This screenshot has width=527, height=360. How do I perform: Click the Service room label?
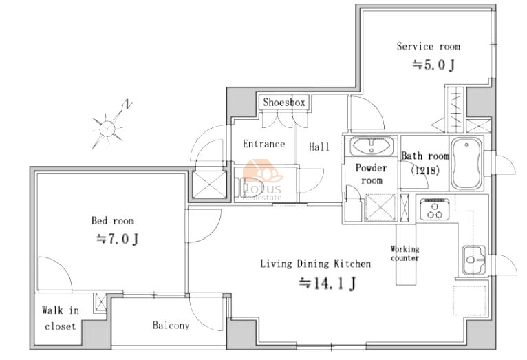[x=428, y=46]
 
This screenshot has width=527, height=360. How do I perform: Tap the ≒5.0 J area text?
[x=433, y=65]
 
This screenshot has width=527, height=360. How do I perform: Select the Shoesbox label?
[x=284, y=102]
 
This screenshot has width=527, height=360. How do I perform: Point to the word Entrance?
[x=263, y=144]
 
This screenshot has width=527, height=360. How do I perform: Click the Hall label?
[x=319, y=147]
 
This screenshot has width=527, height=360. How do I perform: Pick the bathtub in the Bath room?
[x=466, y=163]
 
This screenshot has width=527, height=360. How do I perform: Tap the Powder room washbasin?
[x=372, y=146]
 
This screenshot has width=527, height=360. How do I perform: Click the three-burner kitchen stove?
[x=435, y=209]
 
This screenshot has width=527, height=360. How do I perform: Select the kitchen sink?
[x=474, y=260]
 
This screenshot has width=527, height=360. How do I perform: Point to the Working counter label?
[x=405, y=253]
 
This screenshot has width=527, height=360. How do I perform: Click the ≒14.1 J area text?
[x=327, y=283]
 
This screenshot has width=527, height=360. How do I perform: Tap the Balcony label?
[x=171, y=325]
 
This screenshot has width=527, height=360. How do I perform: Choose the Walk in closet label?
[x=61, y=318]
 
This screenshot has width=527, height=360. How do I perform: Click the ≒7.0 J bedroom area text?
[x=117, y=239]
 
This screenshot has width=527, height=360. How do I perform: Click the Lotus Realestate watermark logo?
[x=262, y=180]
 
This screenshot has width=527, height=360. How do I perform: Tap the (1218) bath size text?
[x=425, y=170]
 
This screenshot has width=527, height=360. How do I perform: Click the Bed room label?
[x=113, y=220]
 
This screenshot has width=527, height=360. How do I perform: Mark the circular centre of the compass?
[x=107, y=129]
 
